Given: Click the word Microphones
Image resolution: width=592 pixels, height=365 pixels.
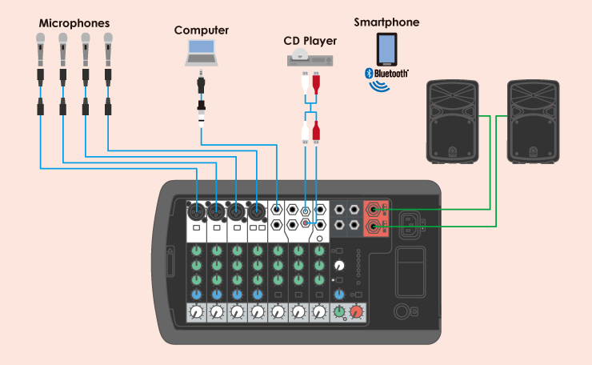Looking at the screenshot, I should point(74,23).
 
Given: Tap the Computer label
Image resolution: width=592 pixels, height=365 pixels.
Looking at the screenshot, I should point(202,30).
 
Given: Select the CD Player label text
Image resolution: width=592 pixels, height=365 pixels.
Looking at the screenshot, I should point(310,40).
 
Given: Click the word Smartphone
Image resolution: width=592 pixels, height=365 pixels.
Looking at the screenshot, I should point(386,22).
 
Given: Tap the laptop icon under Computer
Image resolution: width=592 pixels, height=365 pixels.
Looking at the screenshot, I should point(202,53).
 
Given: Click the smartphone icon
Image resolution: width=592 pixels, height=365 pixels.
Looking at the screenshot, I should point(386,50).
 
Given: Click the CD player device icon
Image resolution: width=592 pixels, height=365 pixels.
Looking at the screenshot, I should point(310,58).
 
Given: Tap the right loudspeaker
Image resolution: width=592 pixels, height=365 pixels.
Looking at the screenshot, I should point(534,122).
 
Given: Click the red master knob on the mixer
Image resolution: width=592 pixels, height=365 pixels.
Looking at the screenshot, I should point(356,311).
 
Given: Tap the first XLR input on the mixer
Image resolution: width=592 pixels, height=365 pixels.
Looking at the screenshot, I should point(196,213).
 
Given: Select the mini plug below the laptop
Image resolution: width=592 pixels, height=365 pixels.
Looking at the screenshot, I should point(202,84).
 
